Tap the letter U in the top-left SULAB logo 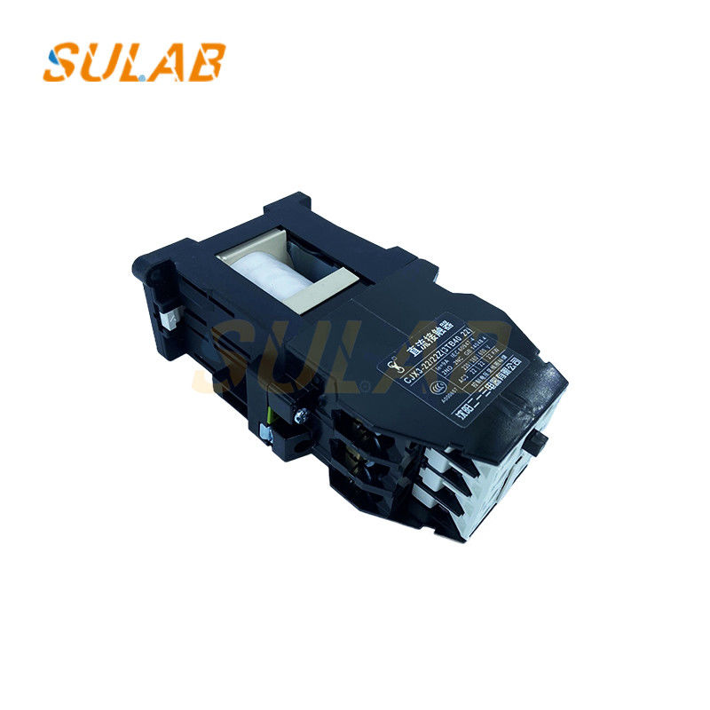pos(98,62)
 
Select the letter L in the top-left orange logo pos(131,62)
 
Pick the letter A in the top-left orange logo pos(167,62)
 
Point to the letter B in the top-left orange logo pos(207,62)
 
